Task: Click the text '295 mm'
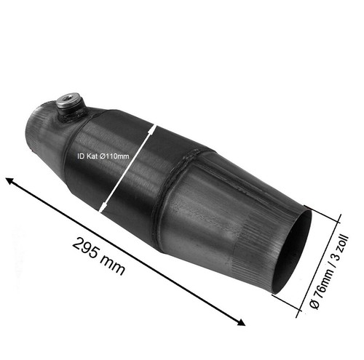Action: [x=98, y=257]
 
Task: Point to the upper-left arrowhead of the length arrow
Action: [x=9, y=180]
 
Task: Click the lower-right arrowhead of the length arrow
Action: [x=241, y=322]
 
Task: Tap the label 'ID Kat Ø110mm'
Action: [x=103, y=156]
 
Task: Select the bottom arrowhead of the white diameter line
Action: [x=103, y=207]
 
